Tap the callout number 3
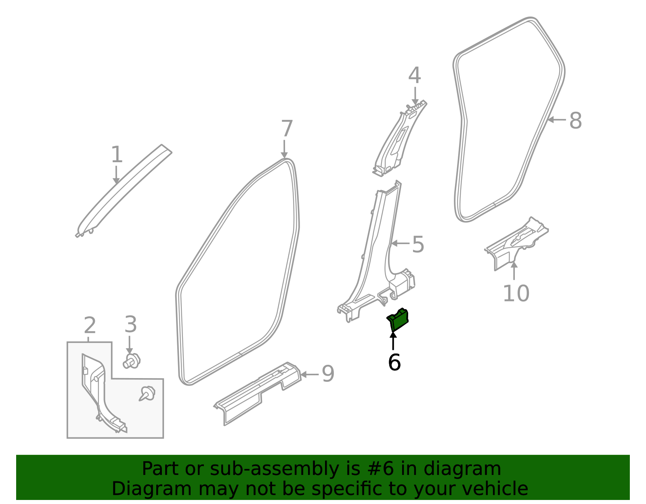pyautogui.click(x=130, y=325)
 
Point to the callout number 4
pyautogui.click(x=415, y=76)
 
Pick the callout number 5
pyautogui.click(x=418, y=245)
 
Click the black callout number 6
pyautogui.click(x=394, y=362)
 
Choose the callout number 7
pyautogui.click(x=286, y=129)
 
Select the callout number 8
pyautogui.click(x=575, y=121)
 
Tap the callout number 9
pyautogui.click(x=328, y=374)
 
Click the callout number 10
pyautogui.click(x=516, y=293)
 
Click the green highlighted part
pyautogui.click(x=399, y=320)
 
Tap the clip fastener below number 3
pyautogui.click(x=132, y=361)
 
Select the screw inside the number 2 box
pyautogui.click(x=147, y=393)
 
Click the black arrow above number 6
pyautogui.click(x=393, y=341)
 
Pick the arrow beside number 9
pyautogui.click(x=309, y=374)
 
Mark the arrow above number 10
pyautogui.click(x=514, y=271)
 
